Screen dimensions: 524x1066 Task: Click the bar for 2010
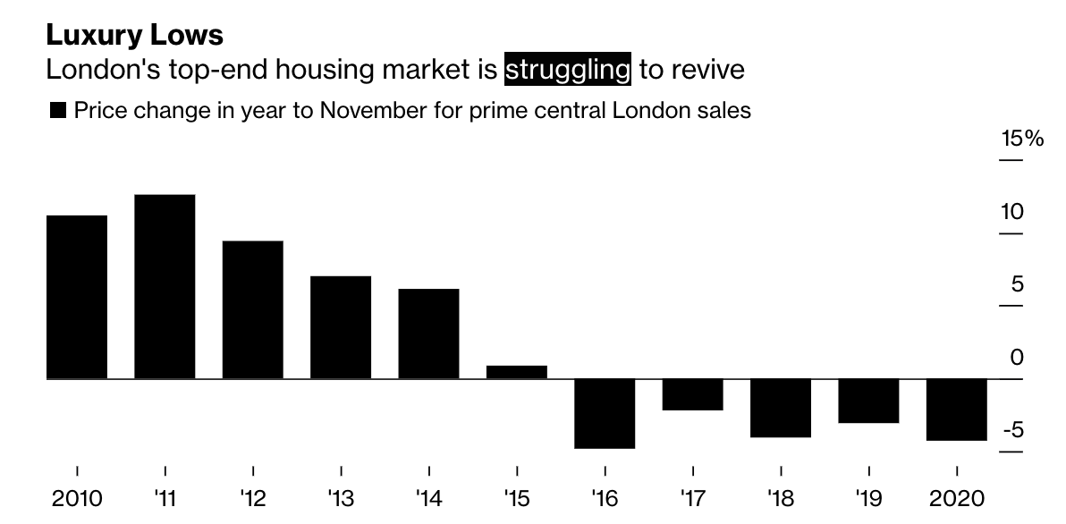click(77, 297)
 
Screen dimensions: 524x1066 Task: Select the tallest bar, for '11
click(165, 286)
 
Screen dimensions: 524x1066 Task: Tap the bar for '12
click(253, 309)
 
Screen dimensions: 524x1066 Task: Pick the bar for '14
click(429, 334)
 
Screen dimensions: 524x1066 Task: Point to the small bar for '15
click(517, 372)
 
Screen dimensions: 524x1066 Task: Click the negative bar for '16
click(605, 413)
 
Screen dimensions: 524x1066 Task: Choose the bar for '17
click(693, 394)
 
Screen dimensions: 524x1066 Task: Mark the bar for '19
click(868, 401)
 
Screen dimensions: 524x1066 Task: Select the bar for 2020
click(957, 410)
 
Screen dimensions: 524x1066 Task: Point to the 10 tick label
click(1011, 213)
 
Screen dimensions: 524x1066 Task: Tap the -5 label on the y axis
click(1011, 431)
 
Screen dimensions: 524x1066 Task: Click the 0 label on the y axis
click(1017, 358)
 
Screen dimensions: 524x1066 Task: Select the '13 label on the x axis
click(341, 498)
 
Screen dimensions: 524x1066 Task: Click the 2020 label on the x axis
click(957, 498)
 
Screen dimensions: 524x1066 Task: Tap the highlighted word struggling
click(568, 69)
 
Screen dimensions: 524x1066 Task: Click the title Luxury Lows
click(134, 35)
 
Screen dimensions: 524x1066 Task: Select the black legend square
click(59, 111)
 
